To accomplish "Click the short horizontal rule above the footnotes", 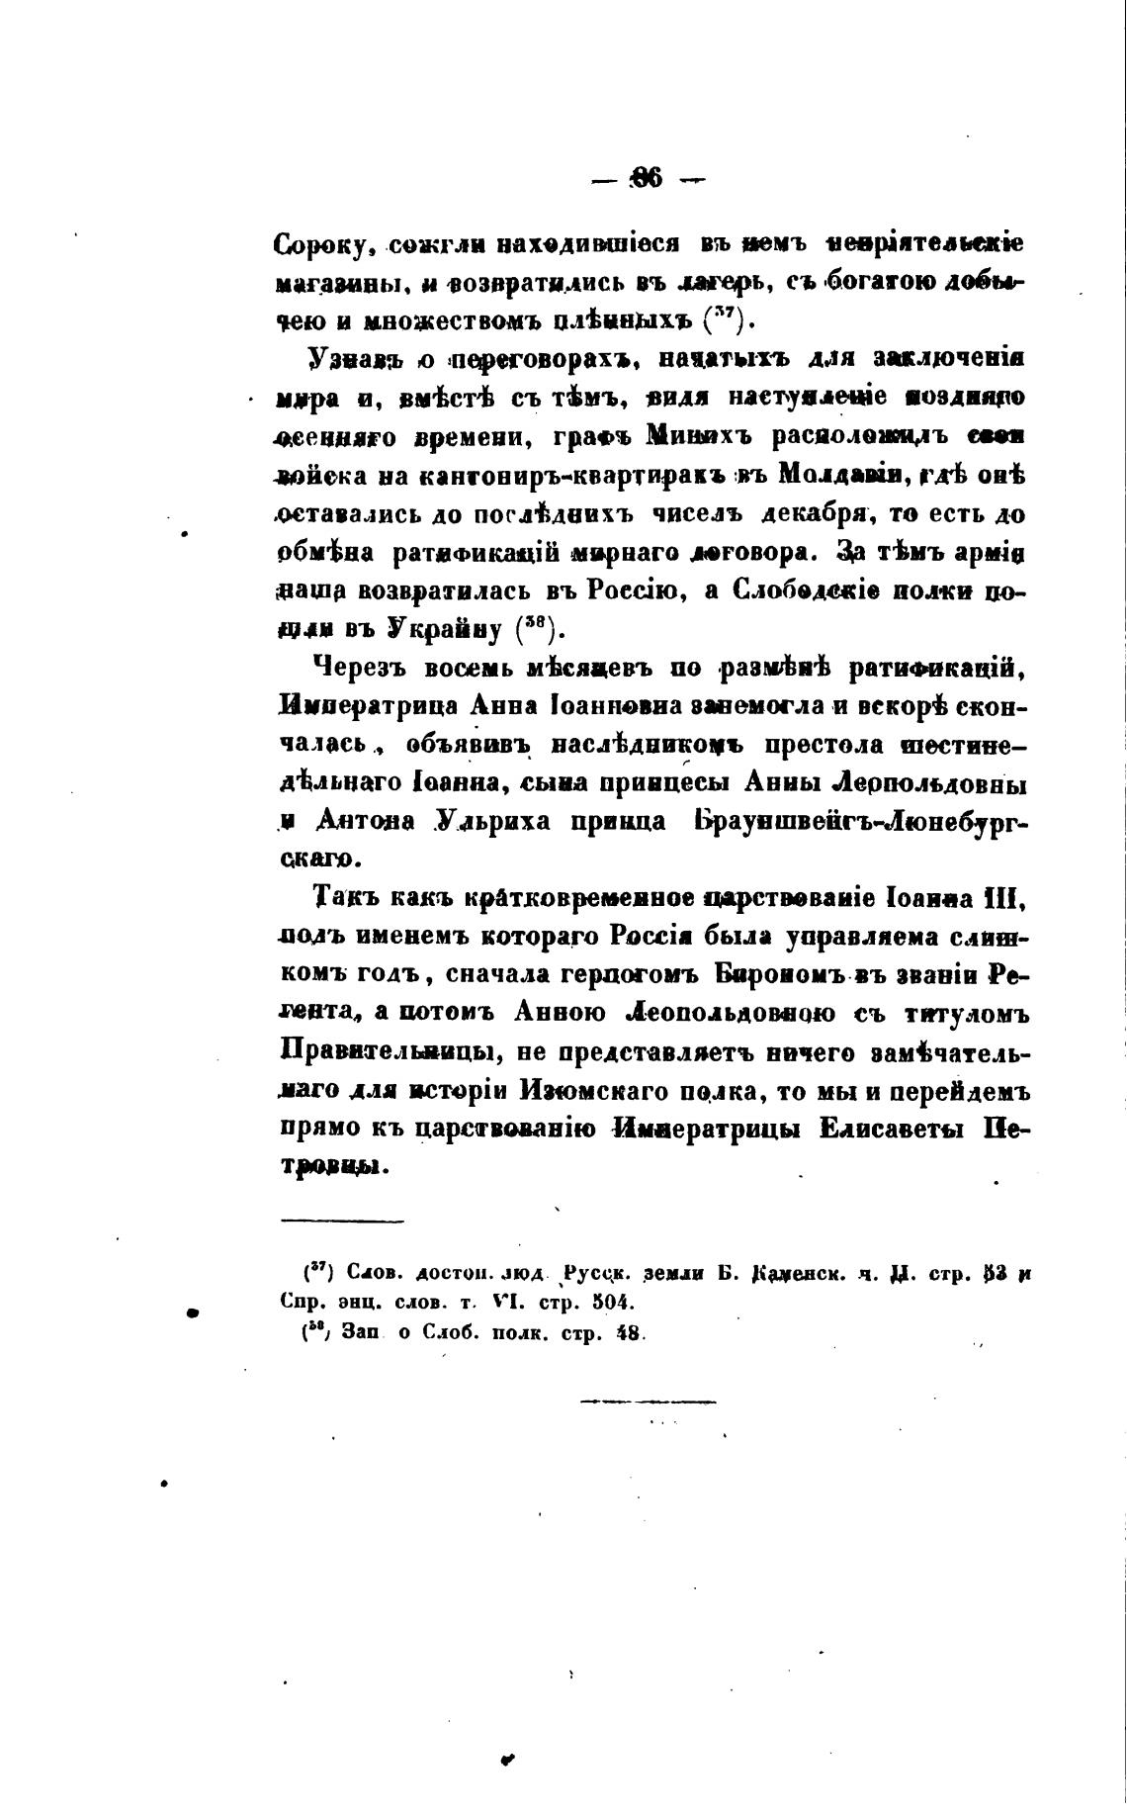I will [x=343, y=1221].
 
